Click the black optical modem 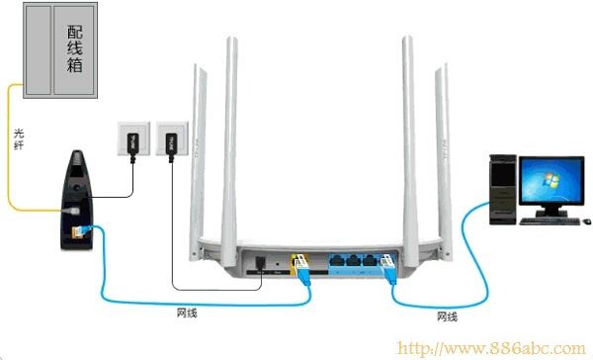(75, 194)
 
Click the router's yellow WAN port (296, 262)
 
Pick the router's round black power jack (259, 263)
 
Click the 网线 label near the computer (447, 316)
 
